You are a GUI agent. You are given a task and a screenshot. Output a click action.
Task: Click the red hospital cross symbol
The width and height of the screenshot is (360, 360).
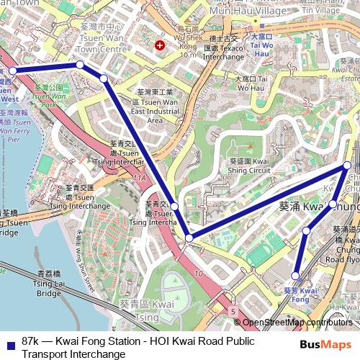[x=159, y=45]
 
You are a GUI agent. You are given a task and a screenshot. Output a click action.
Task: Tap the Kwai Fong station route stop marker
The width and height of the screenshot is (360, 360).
[x=295, y=276]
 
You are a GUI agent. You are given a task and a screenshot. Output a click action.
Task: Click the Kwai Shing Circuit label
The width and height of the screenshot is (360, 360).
[x=249, y=166]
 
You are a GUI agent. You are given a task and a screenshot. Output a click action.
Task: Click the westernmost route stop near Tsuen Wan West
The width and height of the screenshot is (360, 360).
[x=13, y=71]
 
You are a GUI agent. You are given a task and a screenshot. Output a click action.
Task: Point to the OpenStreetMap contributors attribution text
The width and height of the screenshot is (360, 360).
[x=297, y=323]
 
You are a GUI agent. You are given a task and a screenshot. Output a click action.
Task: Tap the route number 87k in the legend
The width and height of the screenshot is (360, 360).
[x=32, y=341]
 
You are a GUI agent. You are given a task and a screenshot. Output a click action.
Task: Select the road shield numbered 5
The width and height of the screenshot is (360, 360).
[x=233, y=311]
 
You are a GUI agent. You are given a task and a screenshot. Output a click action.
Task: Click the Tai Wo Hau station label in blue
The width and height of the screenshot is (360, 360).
[x=261, y=44]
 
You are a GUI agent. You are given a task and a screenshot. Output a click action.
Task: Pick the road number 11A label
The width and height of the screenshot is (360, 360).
[x=139, y=177]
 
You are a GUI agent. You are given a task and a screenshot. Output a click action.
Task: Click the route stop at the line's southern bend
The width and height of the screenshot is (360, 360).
[x=189, y=238]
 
